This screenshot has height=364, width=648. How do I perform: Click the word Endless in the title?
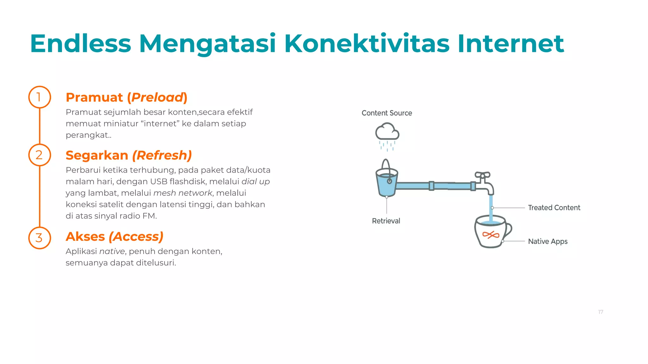click(80, 44)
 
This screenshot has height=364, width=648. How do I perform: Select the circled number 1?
click(40, 97)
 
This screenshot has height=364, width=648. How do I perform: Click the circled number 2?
click(40, 155)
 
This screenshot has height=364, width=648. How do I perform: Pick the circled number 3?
click(40, 238)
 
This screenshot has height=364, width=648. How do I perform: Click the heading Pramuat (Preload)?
click(127, 97)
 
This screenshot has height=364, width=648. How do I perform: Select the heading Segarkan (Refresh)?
click(129, 155)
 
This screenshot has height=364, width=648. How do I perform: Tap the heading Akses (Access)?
click(115, 237)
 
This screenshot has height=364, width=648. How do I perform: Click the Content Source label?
click(387, 113)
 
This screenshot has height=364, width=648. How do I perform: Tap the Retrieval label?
click(386, 221)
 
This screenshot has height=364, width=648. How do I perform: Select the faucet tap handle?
click(483, 175)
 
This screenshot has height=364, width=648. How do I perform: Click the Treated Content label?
click(554, 208)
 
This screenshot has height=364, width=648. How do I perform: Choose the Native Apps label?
click(548, 241)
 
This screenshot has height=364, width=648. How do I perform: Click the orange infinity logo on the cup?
click(491, 235)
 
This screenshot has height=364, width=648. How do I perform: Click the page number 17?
click(601, 312)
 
